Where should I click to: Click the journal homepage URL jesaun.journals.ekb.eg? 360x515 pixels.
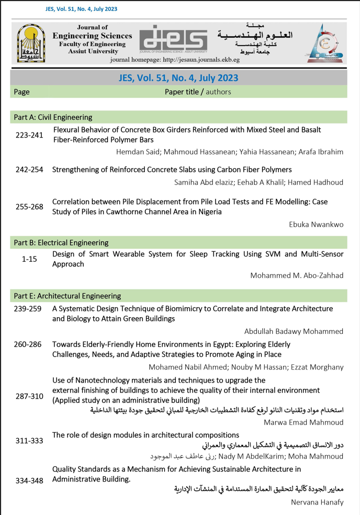pyautogui.click(x=205, y=60)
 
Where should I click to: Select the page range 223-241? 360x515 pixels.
pyautogui.click(x=29, y=135)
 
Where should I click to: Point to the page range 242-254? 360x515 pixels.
pyautogui.click(x=29, y=170)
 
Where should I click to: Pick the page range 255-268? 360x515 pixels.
pyautogui.click(x=29, y=207)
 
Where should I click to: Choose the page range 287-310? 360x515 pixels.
pyautogui.click(x=29, y=396)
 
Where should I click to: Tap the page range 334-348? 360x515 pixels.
pyautogui.click(x=29, y=480)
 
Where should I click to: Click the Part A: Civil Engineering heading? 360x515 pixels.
pyautogui.click(x=53, y=117)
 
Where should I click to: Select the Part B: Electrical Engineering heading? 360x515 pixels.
pyautogui.click(x=61, y=243)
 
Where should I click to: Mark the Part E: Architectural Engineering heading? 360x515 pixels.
pyautogui.click(x=67, y=296)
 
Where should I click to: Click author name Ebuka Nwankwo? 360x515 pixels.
pyautogui.click(x=316, y=225)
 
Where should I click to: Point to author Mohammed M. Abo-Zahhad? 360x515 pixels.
pyautogui.click(x=297, y=276)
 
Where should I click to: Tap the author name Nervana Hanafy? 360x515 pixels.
pyautogui.click(x=317, y=502)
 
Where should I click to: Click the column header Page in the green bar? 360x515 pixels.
pyautogui.click(x=21, y=92)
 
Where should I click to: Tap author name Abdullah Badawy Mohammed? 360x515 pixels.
pyautogui.click(x=294, y=331)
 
